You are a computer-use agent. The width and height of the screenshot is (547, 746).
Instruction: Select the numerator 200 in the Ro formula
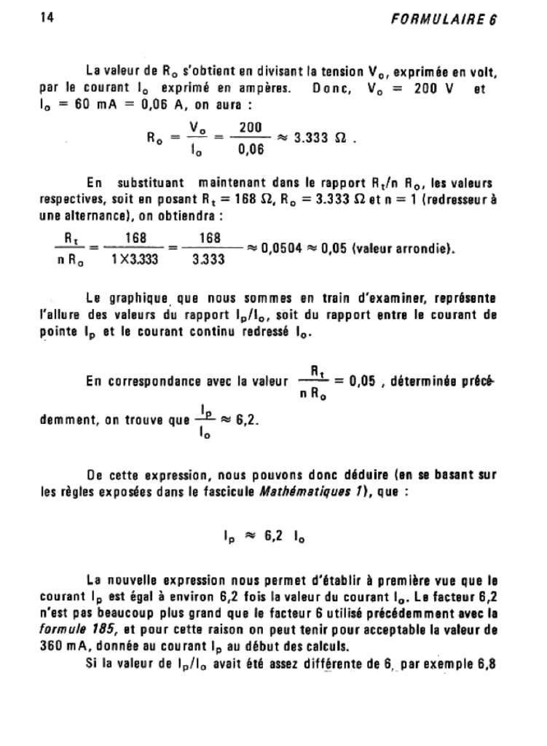coord(250,127)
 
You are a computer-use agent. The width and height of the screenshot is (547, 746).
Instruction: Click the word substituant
coord(149,183)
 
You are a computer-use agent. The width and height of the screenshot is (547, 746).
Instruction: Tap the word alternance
coord(77,216)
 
